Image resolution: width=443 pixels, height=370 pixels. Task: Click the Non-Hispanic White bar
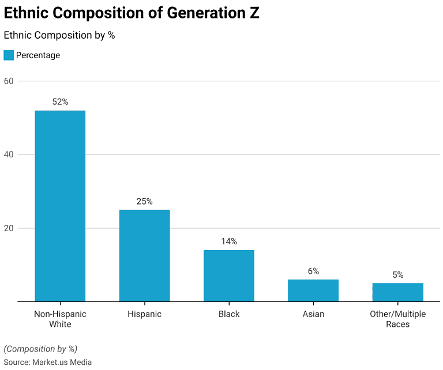[x=60, y=206]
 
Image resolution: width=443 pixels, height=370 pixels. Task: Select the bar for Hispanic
[x=144, y=255]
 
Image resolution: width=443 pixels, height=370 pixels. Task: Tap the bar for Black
[x=229, y=275]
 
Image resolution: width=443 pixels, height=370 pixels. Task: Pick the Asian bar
[x=313, y=290]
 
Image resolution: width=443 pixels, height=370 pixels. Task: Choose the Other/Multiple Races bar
[x=397, y=292]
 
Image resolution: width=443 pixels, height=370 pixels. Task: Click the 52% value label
[x=60, y=102]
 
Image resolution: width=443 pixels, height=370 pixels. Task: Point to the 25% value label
[x=144, y=201]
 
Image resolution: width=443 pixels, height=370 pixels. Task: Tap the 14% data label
[x=229, y=241]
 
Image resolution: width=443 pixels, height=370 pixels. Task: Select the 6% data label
[x=313, y=271]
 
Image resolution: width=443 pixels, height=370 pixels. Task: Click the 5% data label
[x=397, y=275]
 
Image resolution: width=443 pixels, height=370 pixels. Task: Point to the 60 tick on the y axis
[x=9, y=81]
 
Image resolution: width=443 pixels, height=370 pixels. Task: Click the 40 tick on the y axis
[x=9, y=154]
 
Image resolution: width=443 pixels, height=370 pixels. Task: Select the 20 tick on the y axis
[x=9, y=228]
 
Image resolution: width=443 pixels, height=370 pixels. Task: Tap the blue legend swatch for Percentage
[x=9, y=55]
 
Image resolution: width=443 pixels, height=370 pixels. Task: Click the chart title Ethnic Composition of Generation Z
[x=132, y=14]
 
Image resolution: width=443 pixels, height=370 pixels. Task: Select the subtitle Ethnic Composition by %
[x=59, y=35]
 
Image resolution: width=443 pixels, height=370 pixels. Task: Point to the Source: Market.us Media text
[x=48, y=362]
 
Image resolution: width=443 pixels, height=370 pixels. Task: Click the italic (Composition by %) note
[x=40, y=349]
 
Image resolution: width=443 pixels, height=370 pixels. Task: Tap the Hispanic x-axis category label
[x=144, y=314]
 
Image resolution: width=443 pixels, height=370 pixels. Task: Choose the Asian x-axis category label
[x=313, y=314]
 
